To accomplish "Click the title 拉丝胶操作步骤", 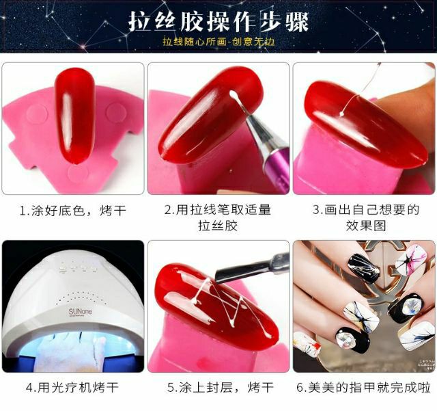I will pyautogui.click(x=218, y=21).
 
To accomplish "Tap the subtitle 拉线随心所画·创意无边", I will pyautogui.click(x=218, y=42).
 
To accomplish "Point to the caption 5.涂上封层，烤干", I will pyautogui.click(x=218, y=387).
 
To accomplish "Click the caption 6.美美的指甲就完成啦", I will pyautogui.click(x=363, y=387).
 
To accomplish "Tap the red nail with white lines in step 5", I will pyautogui.click(x=205, y=301).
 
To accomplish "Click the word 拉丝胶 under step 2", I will pyautogui.click(x=218, y=225).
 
